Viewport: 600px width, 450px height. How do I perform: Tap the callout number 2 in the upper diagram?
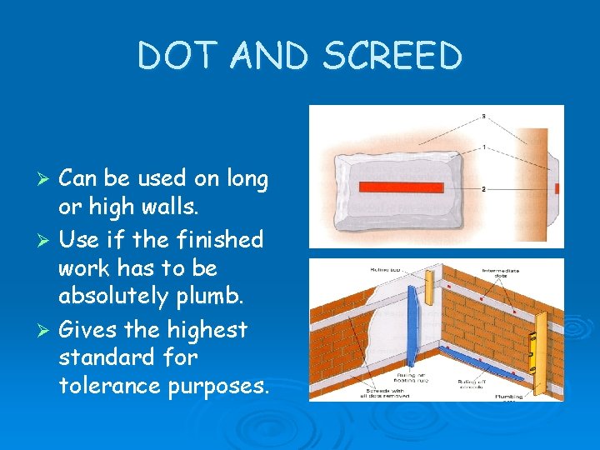(483, 189)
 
